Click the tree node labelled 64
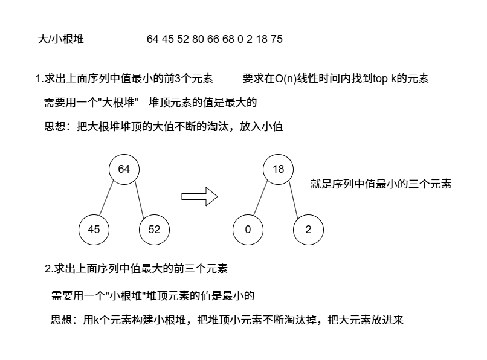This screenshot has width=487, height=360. coord(124,169)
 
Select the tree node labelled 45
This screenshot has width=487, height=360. coord(94,230)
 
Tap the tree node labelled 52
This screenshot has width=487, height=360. coord(154,230)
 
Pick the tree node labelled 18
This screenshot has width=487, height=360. coord(278,169)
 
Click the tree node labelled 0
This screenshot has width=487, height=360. coord(248,230)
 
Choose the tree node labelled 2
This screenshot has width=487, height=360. coord(308,230)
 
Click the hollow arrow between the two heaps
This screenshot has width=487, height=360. coord(199,197)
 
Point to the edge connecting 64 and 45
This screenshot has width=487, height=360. coord(106,198)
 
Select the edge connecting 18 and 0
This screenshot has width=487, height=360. coord(260,198)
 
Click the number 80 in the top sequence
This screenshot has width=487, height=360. coord(198,39)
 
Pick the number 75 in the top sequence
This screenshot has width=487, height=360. coord(277,39)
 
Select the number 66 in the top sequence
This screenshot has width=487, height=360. coord(213,39)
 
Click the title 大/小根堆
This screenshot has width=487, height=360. coord(60,39)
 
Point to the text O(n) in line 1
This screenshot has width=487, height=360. coord(286,79)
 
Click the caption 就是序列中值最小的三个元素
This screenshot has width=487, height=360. coord(381,184)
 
